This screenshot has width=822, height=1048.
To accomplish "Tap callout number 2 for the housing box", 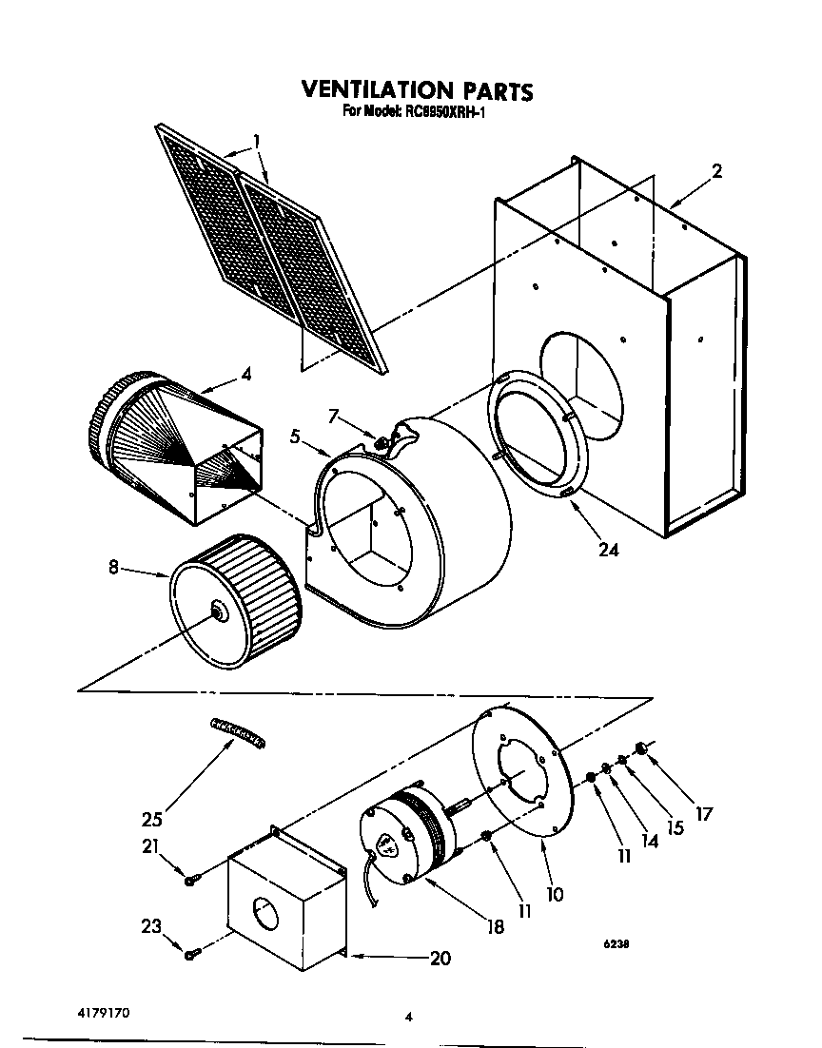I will [716, 171].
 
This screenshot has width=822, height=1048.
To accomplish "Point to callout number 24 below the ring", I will [608, 549].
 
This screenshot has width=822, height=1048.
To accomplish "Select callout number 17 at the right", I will [703, 814].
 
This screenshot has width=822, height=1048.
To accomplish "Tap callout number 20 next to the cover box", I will [439, 958].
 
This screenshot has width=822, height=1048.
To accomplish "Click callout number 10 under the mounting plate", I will [555, 894].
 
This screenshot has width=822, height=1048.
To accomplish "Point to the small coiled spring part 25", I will [238, 732].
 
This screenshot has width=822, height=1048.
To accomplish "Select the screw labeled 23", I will [191, 952].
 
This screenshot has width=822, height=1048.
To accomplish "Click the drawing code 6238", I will [615, 945].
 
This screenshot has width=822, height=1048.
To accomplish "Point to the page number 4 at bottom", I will [408, 1017].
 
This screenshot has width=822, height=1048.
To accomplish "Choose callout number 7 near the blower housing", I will [332, 416].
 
